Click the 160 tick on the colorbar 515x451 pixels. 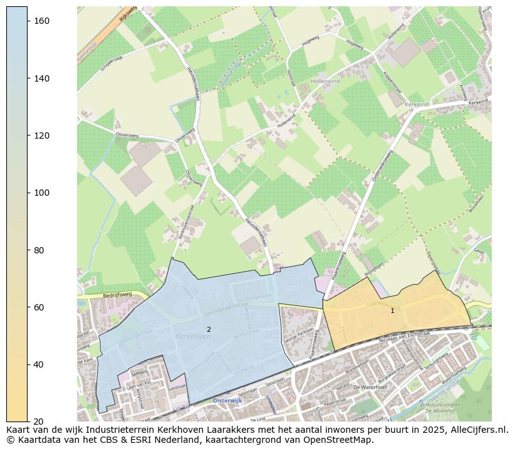tap(28, 21)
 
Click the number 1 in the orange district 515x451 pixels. tap(392, 310)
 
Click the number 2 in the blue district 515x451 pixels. tap(209, 329)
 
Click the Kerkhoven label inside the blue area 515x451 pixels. tap(194, 337)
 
